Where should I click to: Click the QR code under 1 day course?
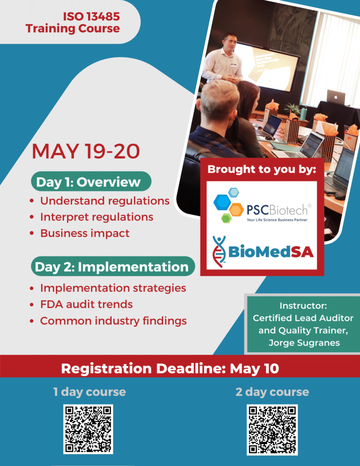(x=88, y=429)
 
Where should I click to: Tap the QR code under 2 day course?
(x=272, y=430)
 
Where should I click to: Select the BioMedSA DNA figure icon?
(x=219, y=251)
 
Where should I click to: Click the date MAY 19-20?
(x=86, y=151)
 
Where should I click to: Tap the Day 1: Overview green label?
(x=91, y=182)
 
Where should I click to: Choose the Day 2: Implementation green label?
(x=113, y=267)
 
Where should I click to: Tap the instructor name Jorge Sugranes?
(x=304, y=343)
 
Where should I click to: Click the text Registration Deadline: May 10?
(x=170, y=369)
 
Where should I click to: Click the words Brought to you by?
(x=262, y=169)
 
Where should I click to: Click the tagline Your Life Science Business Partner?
(x=277, y=220)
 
